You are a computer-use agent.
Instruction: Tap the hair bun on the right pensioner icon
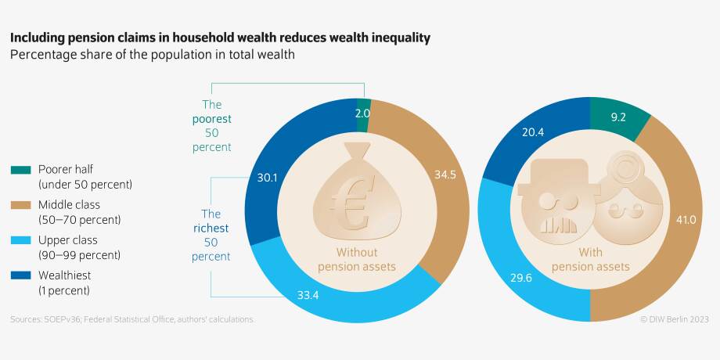point(620,167)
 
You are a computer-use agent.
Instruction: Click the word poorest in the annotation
point(212,118)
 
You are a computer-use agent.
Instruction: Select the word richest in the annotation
point(212,228)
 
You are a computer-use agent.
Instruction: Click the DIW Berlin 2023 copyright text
point(674,319)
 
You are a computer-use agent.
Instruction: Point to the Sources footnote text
point(132,319)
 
